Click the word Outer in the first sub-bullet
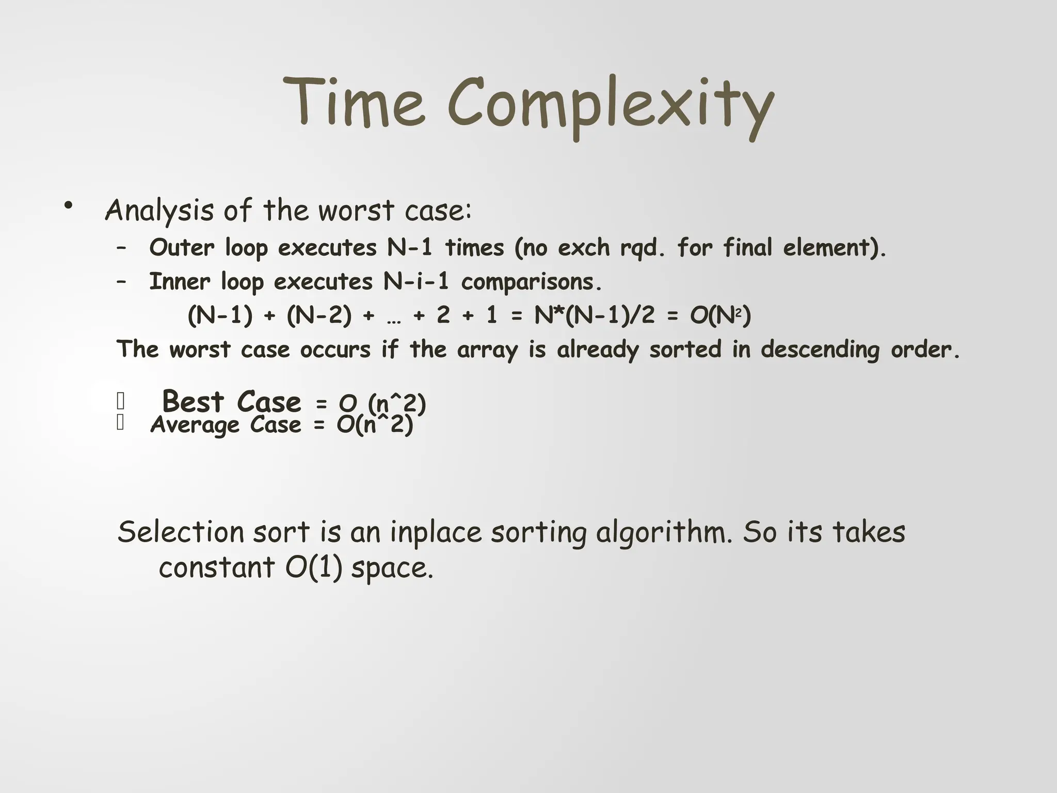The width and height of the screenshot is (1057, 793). coord(182,248)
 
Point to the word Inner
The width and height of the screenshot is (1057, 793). coord(180,282)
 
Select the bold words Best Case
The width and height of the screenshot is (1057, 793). coord(231,402)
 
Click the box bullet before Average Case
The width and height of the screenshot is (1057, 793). coord(120,423)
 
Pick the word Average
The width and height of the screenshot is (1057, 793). coord(195,425)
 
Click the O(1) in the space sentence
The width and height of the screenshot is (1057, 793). coord(313,568)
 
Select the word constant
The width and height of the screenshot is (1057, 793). coord(216,568)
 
